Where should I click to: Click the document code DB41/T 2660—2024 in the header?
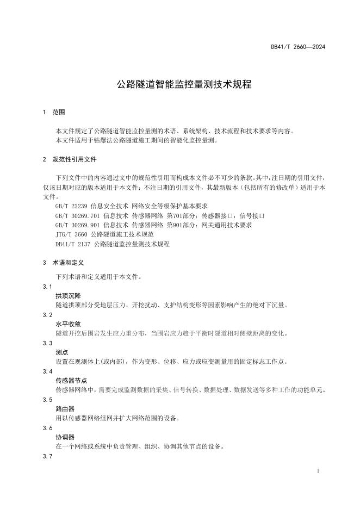(298, 47)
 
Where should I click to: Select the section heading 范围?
(59, 112)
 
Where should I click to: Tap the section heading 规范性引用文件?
(75, 160)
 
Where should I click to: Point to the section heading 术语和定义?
(68, 262)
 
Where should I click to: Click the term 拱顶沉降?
(68, 296)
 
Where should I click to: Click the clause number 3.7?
(47, 456)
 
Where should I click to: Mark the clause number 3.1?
(47, 287)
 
